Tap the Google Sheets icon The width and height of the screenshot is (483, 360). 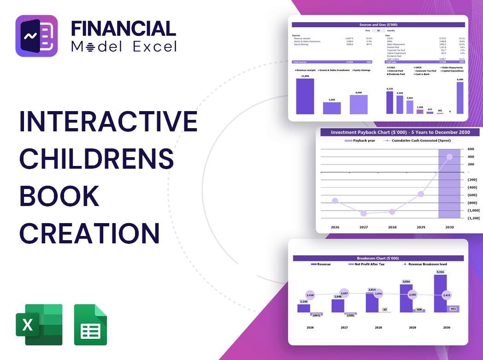90,325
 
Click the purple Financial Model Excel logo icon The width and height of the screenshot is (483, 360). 36,36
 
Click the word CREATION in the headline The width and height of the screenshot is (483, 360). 89,233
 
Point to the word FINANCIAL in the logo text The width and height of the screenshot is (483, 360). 123,28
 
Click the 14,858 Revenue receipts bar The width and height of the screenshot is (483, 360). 305,96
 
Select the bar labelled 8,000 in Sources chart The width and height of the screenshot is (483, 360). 359,105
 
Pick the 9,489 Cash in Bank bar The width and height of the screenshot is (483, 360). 459,98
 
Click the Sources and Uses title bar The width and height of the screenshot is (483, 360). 379,24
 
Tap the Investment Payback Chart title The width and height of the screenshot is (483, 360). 400,132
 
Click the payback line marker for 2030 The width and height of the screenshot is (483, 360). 449,157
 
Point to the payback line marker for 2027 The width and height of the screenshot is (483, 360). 364,213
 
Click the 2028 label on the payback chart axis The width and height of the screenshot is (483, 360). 392,227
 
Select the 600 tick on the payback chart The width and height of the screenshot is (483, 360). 470,149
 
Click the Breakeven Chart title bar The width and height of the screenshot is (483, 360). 377,258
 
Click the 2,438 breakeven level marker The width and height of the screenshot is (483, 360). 310,295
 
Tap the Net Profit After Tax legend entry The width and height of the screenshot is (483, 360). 369,264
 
